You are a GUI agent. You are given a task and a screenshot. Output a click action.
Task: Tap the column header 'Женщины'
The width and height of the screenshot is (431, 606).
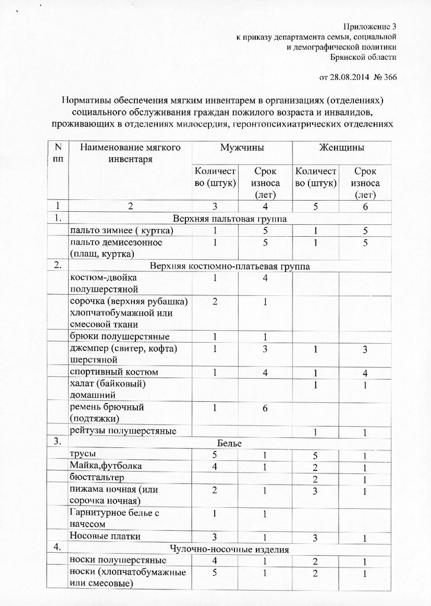pyautogui.click(x=343, y=147)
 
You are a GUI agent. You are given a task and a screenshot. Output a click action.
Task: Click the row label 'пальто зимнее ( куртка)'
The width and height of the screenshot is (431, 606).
pyautogui.click(x=121, y=230)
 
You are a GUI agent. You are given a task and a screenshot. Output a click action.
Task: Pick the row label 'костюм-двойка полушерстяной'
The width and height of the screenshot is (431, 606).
pyautogui.click(x=105, y=283)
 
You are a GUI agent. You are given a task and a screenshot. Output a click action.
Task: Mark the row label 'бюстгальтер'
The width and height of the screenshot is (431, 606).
pyautogui.click(x=98, y=477)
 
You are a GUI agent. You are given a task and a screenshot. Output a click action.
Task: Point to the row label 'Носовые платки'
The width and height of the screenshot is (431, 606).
pyautogui.click(x=105, y=536)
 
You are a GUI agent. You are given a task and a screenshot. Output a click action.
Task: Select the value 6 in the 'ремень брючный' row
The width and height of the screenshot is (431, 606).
pyautogui.click(x=266, y=408)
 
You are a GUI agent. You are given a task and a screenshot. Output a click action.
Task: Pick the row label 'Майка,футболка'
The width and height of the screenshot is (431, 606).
pyautogui.click(x=106, y=466)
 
